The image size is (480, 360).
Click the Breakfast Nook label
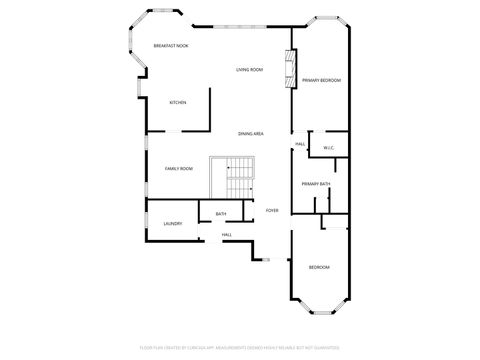pos(171,47)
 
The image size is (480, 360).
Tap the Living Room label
pos(249,69)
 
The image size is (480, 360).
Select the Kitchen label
pos(178,103)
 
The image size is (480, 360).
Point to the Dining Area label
pos(250,133)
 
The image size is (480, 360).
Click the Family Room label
pos(178,168)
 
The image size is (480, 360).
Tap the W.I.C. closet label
pos(328,149)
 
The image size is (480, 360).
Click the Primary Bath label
pos(316,184)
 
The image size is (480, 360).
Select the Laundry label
pos(172,223)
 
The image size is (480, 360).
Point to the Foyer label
pos(272,210)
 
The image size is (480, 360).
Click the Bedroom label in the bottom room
pos(318,267)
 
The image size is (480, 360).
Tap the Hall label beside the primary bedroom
pos(300,144)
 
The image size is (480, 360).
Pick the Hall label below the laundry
pos(227,235)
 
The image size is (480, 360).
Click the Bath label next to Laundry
pos(220,214)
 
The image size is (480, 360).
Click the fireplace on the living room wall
pos(291,68)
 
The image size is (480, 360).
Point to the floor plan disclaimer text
pos(240,349)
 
